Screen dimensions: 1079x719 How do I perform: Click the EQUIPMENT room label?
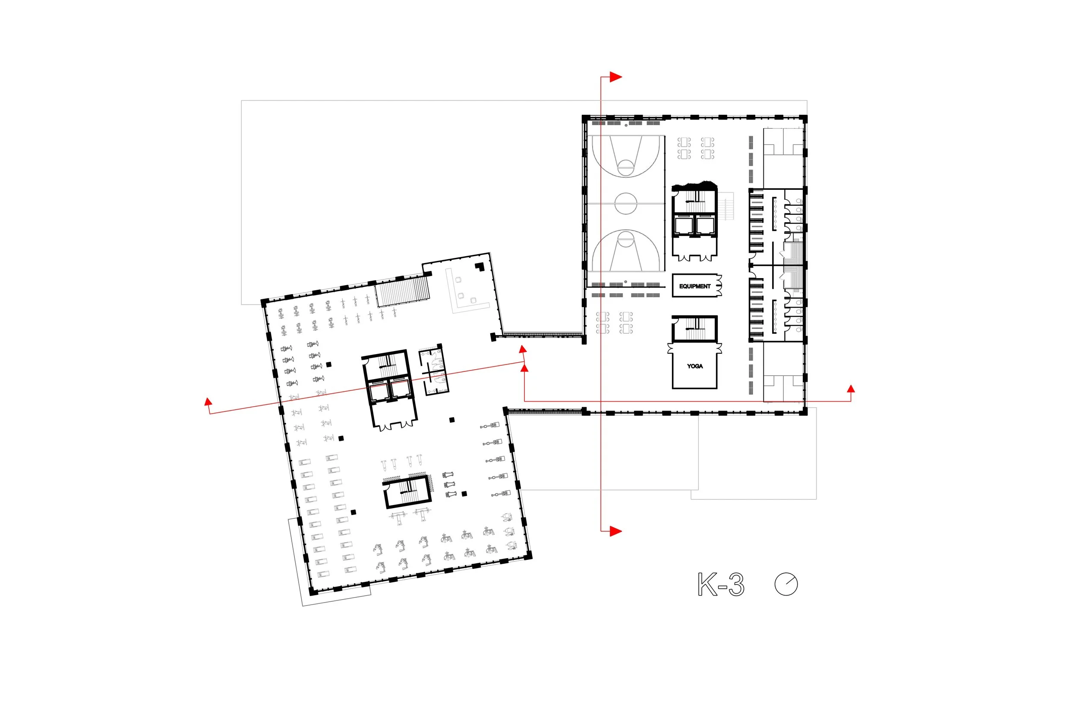tap(694, 286)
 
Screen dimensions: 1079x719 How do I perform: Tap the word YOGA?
tap(694, 366)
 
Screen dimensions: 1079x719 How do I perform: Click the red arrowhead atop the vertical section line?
tap(615, 77)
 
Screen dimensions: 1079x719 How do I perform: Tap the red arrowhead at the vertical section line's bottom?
tap(615, 531)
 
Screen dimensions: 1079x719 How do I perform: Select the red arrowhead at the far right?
tap(851, 389)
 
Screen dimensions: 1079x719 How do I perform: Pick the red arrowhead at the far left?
tap(208, 402)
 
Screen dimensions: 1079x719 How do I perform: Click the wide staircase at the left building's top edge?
tap(403, 291)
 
